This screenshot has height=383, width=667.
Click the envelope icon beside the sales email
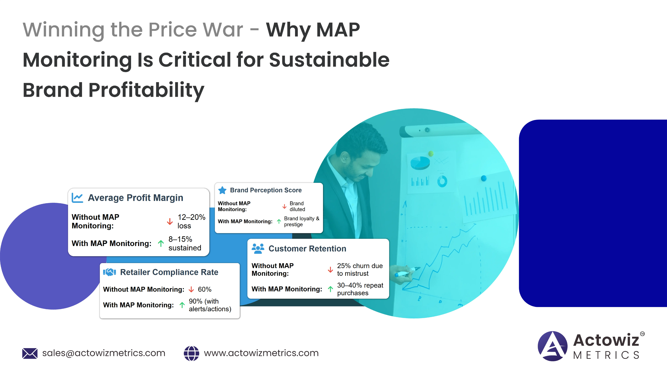[x=30, y=353]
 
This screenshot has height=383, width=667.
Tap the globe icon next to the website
[x=191, y=353]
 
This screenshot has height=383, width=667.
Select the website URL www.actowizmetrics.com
[x=261, y=353]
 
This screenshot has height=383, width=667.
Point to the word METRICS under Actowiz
[x=606, y=355]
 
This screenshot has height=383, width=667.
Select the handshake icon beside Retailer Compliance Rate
[x=109, y=272]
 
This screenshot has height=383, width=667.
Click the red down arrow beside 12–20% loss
[x=170, y=222]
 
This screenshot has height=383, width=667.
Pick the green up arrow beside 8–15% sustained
[x=161, y=243]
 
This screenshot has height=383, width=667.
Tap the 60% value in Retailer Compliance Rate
[x=205, y=289]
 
